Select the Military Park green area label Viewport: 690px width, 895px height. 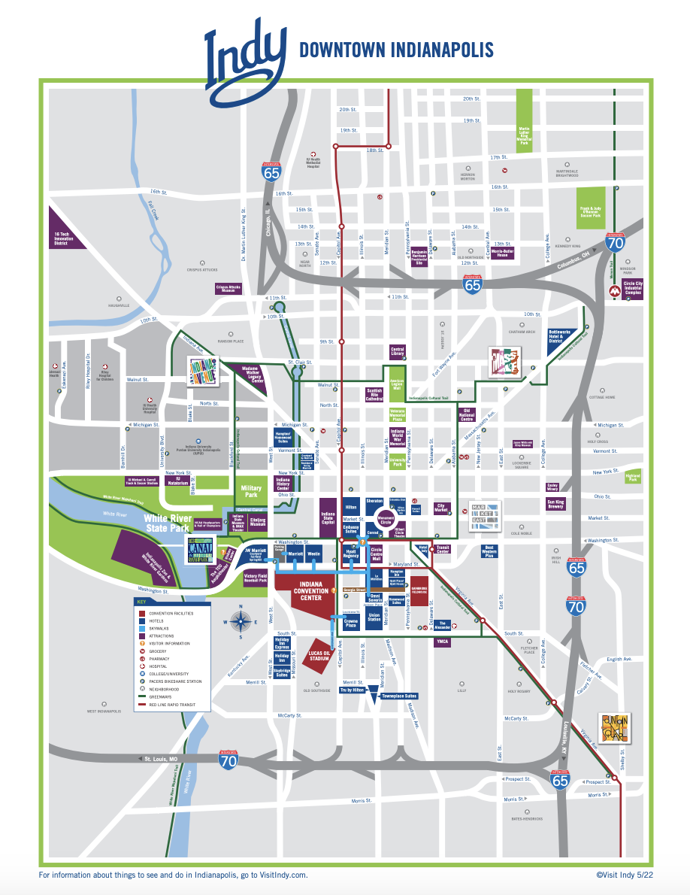(251, 490)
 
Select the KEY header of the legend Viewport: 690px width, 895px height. (141, 602)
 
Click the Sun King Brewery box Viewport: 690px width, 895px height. (555, 505)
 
